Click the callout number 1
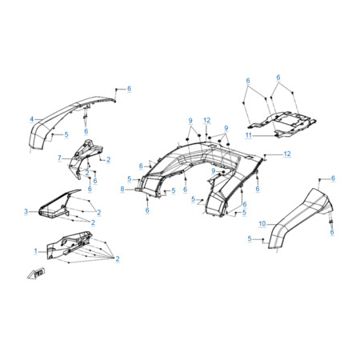coord(36,251)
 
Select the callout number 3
coord(26,211)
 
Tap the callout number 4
coord(32,119)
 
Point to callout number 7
coord(59,158)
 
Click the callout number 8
coord(122,189)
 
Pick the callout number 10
coord(262,224)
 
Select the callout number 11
coord(249,135)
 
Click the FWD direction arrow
coord(36,274)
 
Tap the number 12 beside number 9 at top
coord(207,121)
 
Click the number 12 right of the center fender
coord(287,154)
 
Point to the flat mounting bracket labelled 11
coord(282,124)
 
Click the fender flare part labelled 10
coord(299,218)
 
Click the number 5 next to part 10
coord(250,238)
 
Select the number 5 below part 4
coord(66,134)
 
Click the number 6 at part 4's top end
coord(130,89)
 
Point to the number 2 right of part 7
coord(108,160)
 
